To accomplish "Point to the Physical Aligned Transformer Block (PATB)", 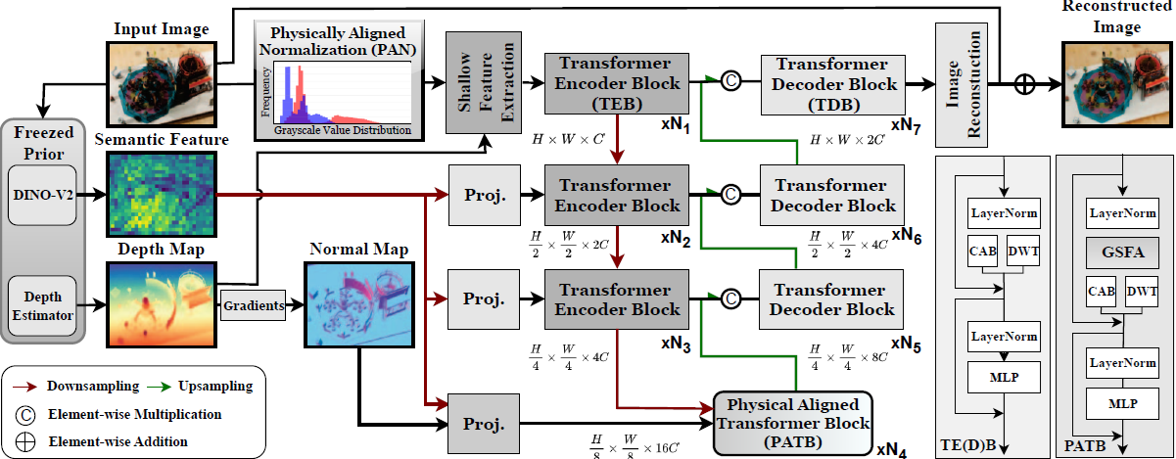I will click(x=793, y=425).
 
